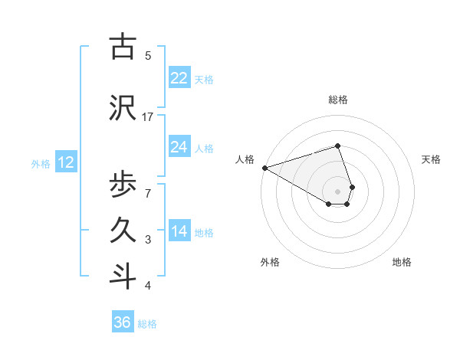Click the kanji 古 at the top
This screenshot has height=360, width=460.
coord(123,47)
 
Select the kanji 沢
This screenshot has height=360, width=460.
coord(123,108)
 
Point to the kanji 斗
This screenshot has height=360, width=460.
coord(123,277)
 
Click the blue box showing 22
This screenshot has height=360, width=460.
coord(179,78)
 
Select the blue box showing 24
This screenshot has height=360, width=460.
coord(179,147)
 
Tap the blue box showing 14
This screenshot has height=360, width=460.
coord(179,231)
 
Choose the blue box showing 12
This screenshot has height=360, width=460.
coord(65,162)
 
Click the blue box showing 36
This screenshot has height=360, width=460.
coord(123,322)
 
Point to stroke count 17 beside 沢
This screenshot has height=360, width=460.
coord(148,116)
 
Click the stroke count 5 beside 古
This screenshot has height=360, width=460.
coord(148,55)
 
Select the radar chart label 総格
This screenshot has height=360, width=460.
coord(338,100)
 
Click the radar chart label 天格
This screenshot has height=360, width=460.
coord(432,159)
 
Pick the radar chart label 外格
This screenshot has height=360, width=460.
coord(270,262)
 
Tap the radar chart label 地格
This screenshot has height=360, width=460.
coord(402,262)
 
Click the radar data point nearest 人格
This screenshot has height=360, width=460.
coord(264,168)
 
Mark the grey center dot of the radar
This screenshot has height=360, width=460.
coord(338,191)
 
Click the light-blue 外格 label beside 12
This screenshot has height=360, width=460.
coord(41,163)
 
